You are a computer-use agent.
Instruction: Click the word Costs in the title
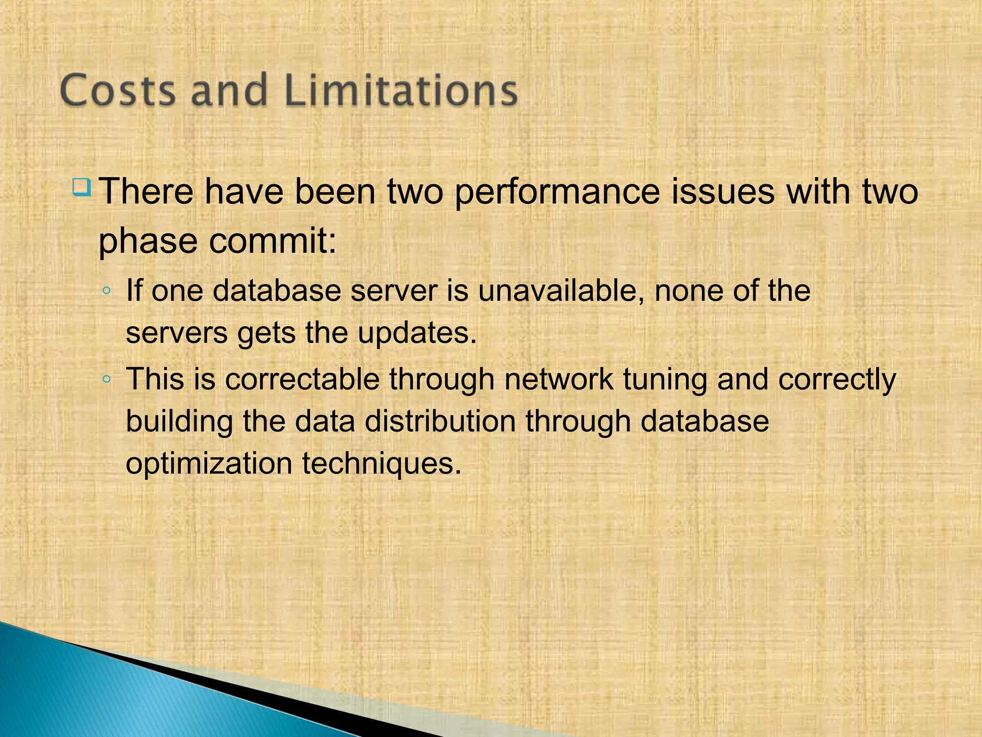118,90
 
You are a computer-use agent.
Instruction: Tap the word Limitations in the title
401,90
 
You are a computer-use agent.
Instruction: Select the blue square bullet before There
82,187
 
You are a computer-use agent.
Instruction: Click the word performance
556,192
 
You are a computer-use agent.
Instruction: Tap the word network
559,379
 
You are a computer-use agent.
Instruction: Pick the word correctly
837,380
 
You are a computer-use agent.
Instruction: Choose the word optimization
209,464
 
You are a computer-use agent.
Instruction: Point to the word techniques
382,464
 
